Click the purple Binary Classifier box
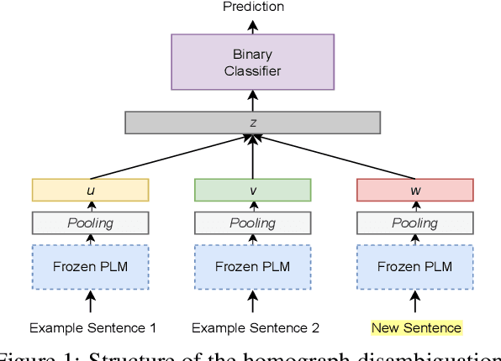click(252, 61)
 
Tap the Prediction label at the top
click(253, 7)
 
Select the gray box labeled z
click(252, 123)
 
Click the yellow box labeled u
click(90, 191)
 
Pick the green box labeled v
click(252, 191)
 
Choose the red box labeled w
click(414, 191)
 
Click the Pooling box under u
click(90, 223)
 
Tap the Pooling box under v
click(252, 223)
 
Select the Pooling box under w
click(414, 223)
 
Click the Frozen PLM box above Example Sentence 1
click(90, 267)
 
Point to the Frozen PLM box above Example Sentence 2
click(252, 267)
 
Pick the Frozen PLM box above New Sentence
click(414, 267)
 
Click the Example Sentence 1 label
click(92, 327)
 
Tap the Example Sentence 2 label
click(255, 327)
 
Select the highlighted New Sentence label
click(418, 327)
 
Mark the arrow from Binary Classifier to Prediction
click(252, 24)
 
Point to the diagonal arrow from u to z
click(168, 157)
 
